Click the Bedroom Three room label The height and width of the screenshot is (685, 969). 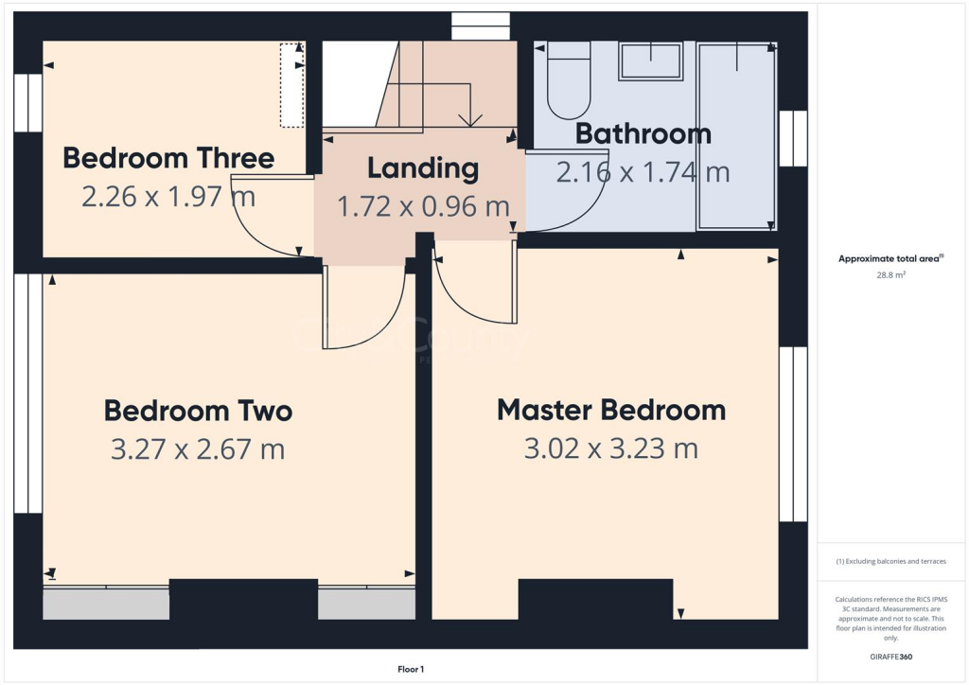click(168, 158)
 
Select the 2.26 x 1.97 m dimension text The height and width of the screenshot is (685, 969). click(168, 197)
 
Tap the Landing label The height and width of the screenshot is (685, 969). click(423, 168)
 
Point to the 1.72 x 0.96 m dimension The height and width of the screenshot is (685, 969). click(423, 206)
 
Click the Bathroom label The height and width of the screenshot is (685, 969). click(643, 133)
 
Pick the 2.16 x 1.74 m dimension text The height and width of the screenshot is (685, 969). click(643, 172)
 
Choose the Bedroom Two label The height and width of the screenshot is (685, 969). click(198, 411)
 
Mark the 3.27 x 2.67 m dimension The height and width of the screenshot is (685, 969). click(198, 448)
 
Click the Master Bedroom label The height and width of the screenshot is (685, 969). click(611, 410)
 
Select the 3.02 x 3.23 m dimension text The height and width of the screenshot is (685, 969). click(611, 448)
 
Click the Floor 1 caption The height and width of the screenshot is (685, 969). click(410, 670)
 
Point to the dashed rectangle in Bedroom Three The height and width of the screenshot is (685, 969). click(291, 84)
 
